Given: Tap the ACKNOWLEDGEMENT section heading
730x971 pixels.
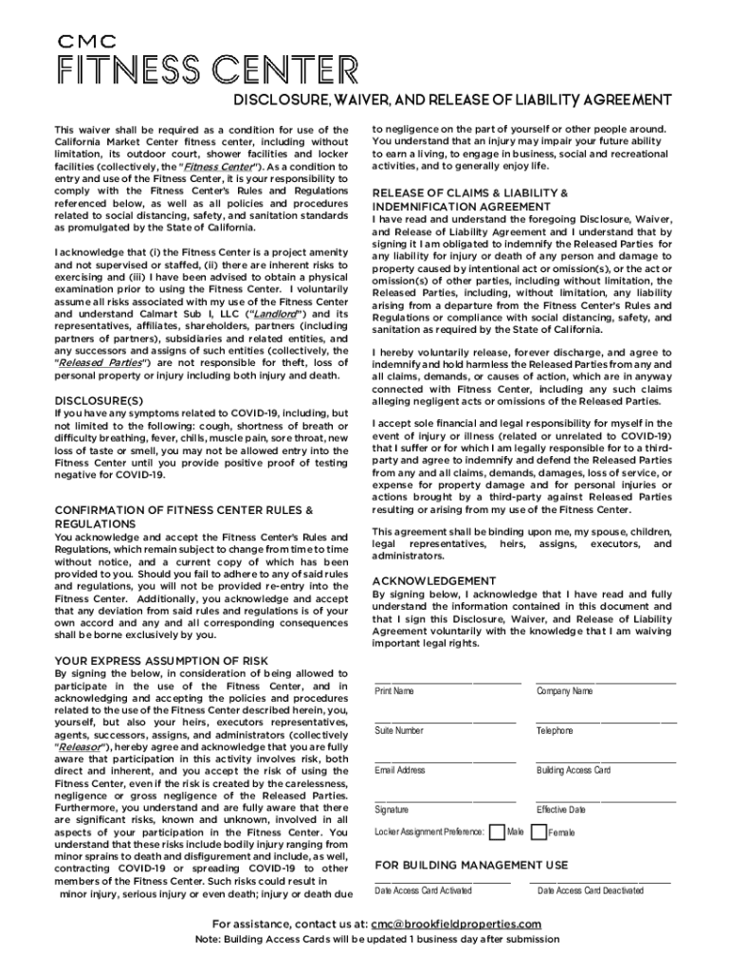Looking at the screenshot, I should pyautogui.click(x=433, y=579).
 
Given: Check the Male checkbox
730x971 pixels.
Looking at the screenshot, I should pyautogui.click(x=495, y=832).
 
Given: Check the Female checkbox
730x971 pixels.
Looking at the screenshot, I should pyautogui.click(x=538, y=832).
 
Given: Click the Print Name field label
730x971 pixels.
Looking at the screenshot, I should pyautogui.click(x=394, y=691).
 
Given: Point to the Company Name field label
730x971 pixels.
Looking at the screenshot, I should pyautogui.click(x=564, y=691).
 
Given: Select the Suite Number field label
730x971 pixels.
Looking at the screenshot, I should pyautogui.click(x=399, y=731).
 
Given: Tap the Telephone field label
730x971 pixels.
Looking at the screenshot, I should pyautogui.click(x=555, y=731).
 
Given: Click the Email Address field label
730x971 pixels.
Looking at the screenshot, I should pyautogui.click(x=400, y=770).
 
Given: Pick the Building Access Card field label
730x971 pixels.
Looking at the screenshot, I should pyautogui.click(x=573, y=770).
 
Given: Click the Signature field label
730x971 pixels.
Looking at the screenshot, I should pyautogui.click(x=392, y=810).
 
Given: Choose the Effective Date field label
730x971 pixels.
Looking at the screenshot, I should pyautogui.click(x=561, y=810).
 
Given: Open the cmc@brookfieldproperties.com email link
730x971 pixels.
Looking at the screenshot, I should pyautogui.click(x=456, y=924).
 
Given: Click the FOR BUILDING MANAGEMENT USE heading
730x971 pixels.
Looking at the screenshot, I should pyautogui.click(x=471, y=865).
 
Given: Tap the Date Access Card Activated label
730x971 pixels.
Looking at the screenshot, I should pyautogui.click(x=423, y=890).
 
